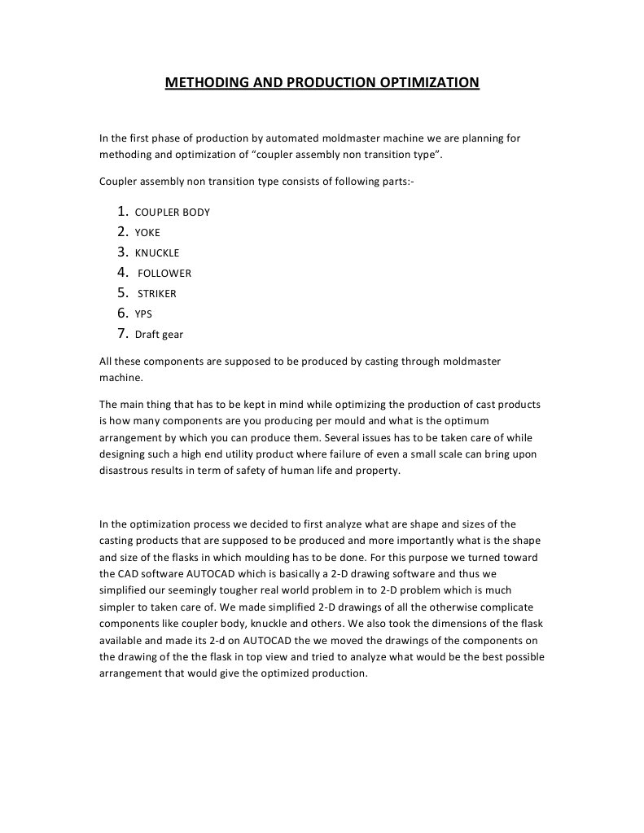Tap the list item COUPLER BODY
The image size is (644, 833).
(172, 213)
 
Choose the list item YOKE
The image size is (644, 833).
(147, 233)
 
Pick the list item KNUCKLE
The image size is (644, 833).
(157, 253)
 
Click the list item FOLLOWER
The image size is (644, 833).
(164, 274)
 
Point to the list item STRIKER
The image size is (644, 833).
(156, 294)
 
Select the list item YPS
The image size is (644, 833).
(143, 314)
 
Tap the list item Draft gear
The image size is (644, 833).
(159, 335)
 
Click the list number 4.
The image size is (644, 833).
(123, 272)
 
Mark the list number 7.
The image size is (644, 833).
(123, 333)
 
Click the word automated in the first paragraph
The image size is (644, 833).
(288, 138)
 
